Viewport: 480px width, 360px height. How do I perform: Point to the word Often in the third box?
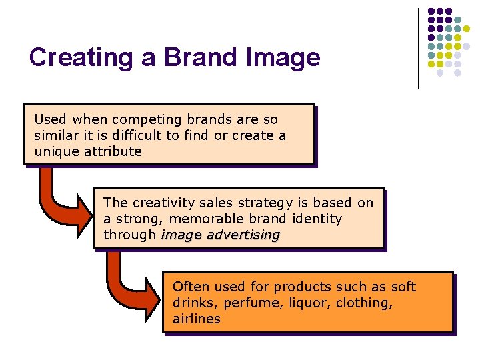pyautogui.click(x=189, y=287)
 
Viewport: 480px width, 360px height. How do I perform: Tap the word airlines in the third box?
pyautogui.click(x=197, y=319)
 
